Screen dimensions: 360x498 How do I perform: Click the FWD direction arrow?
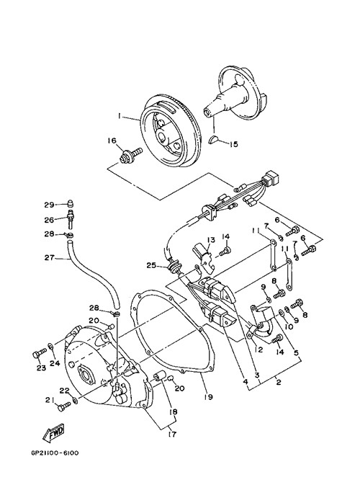[x=54, y=432]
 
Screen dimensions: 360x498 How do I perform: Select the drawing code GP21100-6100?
[x=55, y=453]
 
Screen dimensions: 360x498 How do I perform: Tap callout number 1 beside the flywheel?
[x=120, y=117]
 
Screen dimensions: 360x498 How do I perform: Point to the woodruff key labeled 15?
[x=215, y=140]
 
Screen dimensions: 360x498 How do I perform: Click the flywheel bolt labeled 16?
[x=130, y=155]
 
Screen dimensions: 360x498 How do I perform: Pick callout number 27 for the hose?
[x=49, y=257]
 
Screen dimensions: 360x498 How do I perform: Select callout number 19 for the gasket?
[x=209, y=396]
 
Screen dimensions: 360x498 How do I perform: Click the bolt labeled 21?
[x=64, y=406]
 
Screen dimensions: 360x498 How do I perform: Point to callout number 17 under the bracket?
[x=173, y=434]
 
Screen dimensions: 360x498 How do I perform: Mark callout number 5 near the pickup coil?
[x=296, y=352]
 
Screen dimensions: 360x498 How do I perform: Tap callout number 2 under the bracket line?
[x=278, y=382]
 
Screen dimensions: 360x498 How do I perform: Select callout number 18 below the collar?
[x=174, y=412]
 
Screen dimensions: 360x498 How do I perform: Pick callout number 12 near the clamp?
[x=258, y=350]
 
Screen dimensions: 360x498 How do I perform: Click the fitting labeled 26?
[x=71, y=218]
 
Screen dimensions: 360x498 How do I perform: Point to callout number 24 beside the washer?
[x=55, y=363]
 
